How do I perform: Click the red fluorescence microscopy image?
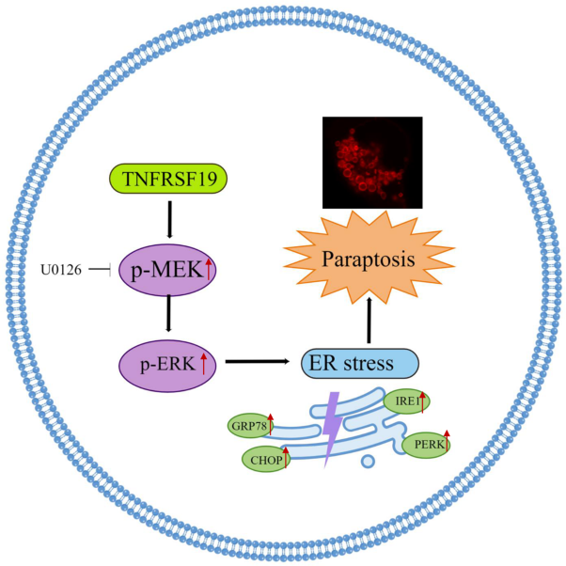tap(371, 162)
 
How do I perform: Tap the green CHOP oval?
tap(267, 461)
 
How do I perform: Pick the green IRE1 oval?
tap(409, 401)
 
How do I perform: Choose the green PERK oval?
tap(425, 443)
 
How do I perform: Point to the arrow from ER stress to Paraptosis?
tap(369, 320)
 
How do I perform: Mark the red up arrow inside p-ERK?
tap(202, 361)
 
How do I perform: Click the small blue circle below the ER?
tap(369, 462)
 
